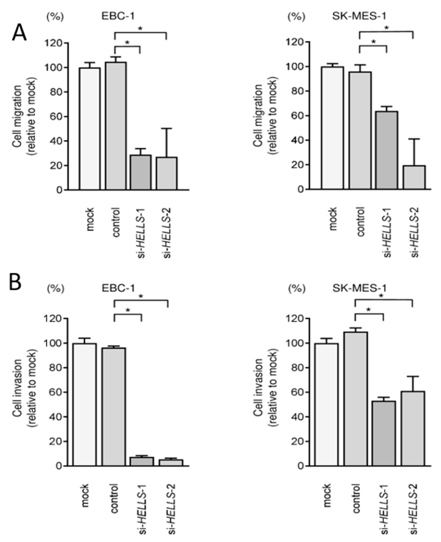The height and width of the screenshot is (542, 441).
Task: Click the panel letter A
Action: tap(19, 33)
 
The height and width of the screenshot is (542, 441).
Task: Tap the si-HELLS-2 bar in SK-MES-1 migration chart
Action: tap(414, 177)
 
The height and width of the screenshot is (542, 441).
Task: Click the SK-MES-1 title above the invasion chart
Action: tap(359, 288)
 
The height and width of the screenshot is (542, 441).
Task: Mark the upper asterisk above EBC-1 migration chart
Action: tap(140, 29)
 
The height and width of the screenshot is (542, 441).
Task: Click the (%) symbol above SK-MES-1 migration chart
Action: tap(296, 17)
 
